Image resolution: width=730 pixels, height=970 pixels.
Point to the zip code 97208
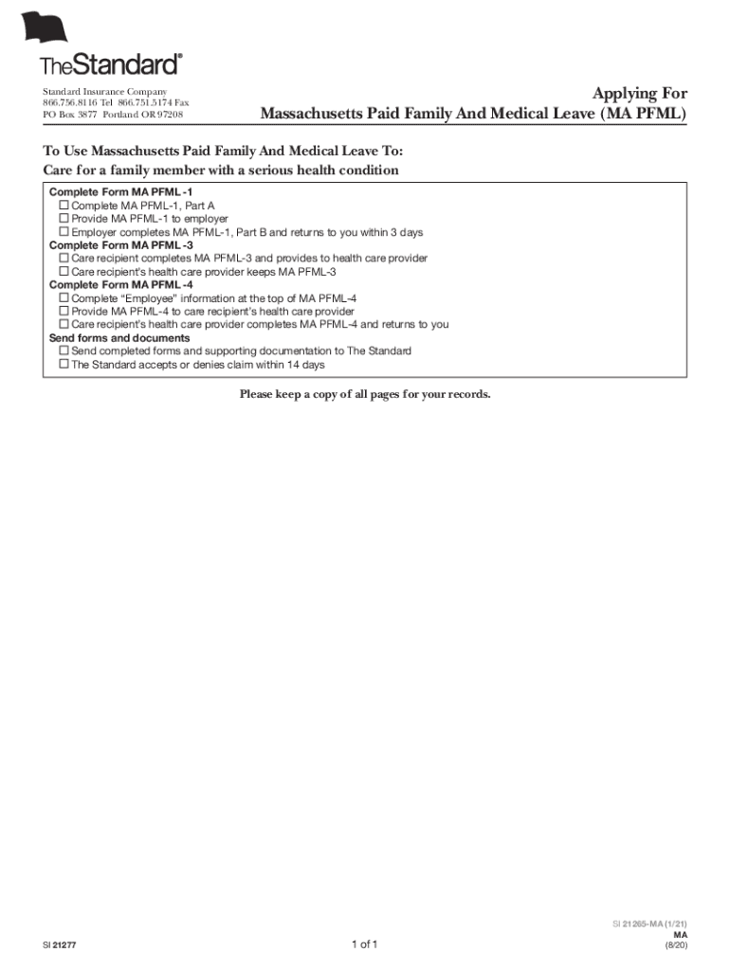(x=171, y=115)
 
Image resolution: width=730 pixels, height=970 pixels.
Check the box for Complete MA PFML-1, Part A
(x=64, y=205)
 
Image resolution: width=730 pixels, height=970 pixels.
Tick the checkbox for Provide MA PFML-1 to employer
(x=64, y=218)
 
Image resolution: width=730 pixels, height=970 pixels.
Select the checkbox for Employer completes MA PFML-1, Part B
(x=64, y=231)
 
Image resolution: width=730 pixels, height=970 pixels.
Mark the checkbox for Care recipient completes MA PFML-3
(x=64, y=258)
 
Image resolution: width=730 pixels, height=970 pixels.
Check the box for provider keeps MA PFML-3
(x=64, y=271)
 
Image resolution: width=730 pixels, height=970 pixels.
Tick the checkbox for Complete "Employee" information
(x=64, y=297)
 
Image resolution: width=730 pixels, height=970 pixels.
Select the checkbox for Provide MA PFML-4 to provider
(x=64, y=311)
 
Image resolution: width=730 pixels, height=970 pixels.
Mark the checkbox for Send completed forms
(x=64, y=350)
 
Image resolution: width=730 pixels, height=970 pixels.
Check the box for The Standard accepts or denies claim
(x=64, y=364)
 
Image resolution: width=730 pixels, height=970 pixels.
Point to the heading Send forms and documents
(x=119, y=337)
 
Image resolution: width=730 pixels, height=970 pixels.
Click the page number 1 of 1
(x=364, y=944)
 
